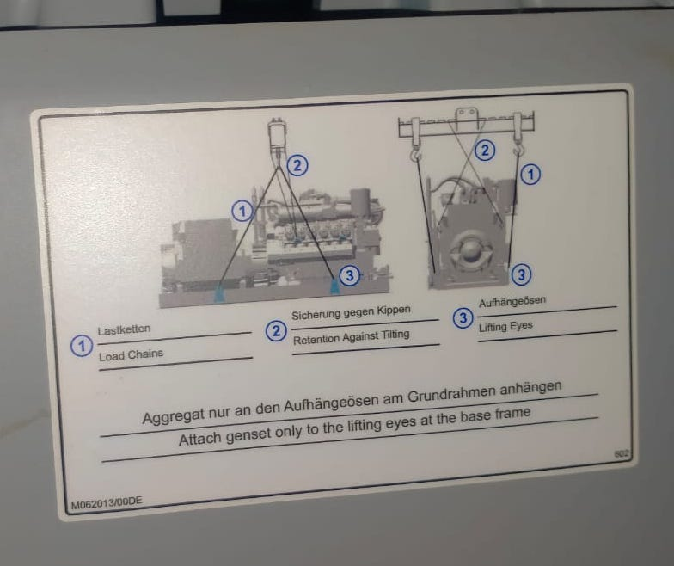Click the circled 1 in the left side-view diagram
(242, 212)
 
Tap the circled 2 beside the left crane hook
(297, 165)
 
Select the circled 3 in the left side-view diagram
(349, 275)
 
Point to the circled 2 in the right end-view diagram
(485, 150)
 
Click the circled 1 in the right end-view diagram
(530, 174)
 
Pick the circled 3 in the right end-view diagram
(521, 274)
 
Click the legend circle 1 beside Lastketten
(81, 346)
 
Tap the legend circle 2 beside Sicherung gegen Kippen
(276, 330)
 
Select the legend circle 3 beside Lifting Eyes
(463, 318)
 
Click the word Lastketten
(124, 330)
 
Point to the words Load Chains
(131, 355)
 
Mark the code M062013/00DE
(107, 502)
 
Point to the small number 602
(622, 453)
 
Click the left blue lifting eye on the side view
(219, 294)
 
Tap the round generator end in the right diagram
(469, 251)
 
